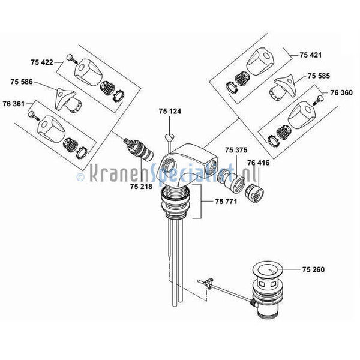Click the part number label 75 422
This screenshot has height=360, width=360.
click(42, 62)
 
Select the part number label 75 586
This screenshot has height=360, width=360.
click(22, 82)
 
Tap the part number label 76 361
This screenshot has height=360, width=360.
click(14, 104)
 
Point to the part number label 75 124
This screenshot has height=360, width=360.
click(170, 112)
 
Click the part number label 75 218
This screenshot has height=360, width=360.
click(141, 187)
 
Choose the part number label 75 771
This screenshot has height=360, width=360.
click(226, 202)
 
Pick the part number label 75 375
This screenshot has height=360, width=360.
click(236, 150)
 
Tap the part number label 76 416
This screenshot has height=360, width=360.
click(259, 163)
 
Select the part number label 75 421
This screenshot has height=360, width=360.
click(311, 55)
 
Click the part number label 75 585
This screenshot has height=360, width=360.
click(319, 76)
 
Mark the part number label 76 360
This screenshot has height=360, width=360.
click(341, 93)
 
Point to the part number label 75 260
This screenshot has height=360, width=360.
click(313, 269)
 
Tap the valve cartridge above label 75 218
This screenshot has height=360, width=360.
click(139, 149)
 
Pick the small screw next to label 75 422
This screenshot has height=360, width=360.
click(71, 59)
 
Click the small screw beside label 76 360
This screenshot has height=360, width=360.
click(319, 100)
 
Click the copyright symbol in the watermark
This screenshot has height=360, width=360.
click(80, 177)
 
